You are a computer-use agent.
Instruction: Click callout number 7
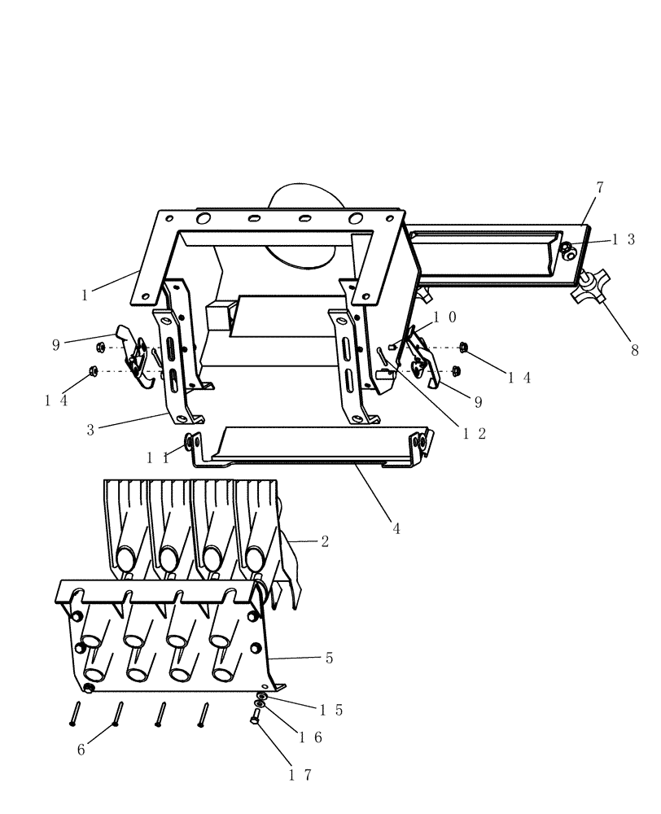pyautogui.click(x=600, y=187)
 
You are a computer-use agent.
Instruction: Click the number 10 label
pyautogui.click(x=444, y=317)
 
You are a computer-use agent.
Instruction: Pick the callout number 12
pyautogui.click(x=474, y=434)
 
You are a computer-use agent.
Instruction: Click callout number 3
pyautogui.click(x=90, y=429)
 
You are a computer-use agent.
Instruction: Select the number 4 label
pyautogui.click(x=396, y=528)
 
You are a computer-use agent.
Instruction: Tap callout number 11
pyautogui.click(x=158, y=458)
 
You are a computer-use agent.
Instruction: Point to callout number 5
pyautogui.click(x=329, y=658)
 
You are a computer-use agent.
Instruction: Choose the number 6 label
pyautogui.click(x=81, y=750)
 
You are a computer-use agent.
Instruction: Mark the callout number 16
pyautogui.click(x=312, y=737)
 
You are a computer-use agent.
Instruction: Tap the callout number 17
pyautogui.click(x=300, y=775)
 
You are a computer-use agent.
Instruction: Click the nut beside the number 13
pyautogui.click(x=567, y=252)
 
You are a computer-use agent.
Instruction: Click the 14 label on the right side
pyautogui.click(x=519, y=377)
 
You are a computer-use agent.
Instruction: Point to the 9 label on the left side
pyautogui.click(x=56, y=344)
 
